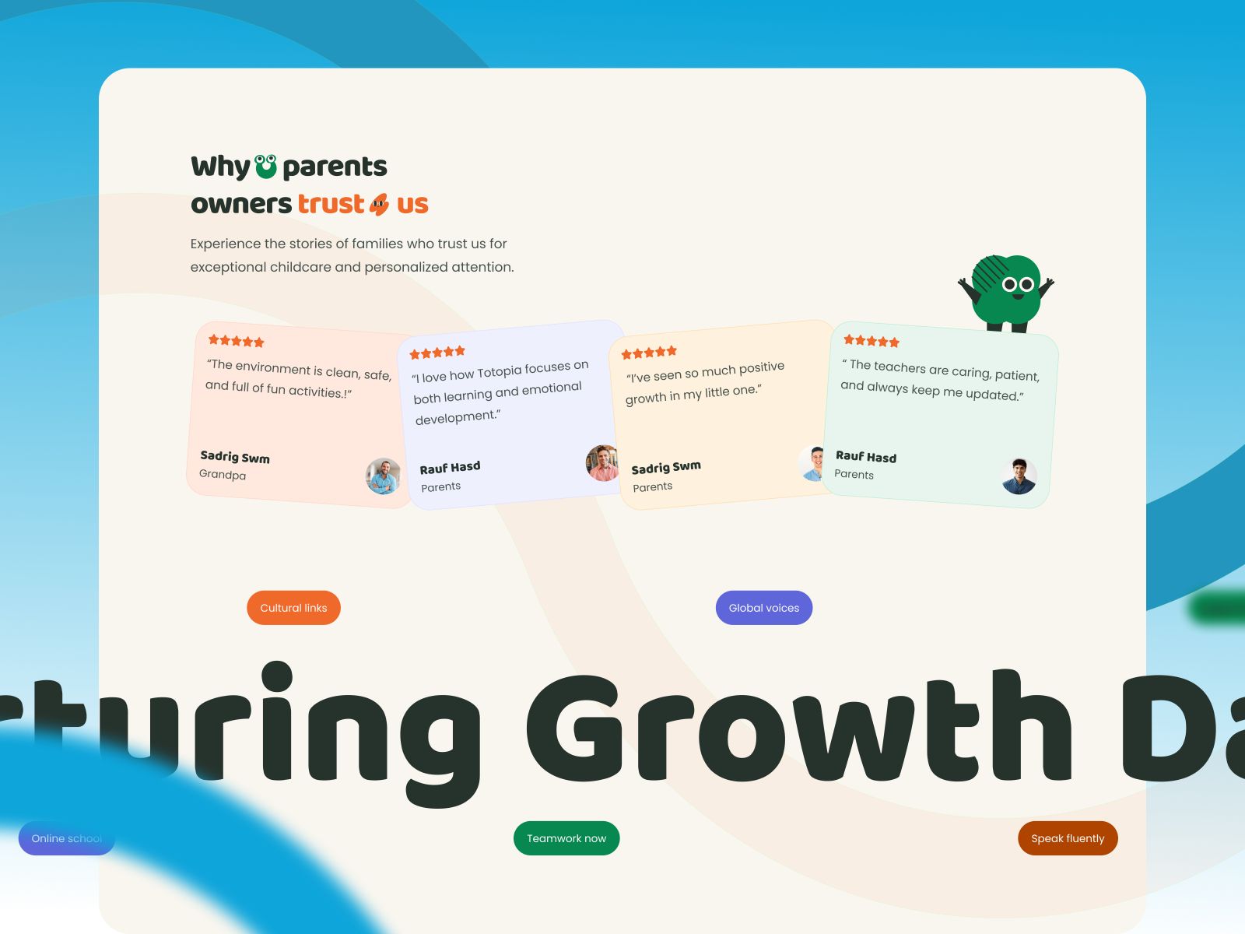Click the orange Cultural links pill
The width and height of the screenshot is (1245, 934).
click(x=293, y=608)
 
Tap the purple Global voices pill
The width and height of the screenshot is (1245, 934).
click(x=763, y=608)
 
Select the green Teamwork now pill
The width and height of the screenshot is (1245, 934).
click(x=566, y=838)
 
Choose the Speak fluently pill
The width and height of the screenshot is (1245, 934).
click(x=1068, y=838)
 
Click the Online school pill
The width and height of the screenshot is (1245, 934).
click(x=66, y=838)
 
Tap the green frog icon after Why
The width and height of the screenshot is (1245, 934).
click(x=265, y=166)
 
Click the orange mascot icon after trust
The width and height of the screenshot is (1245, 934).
click(x=379, y=204)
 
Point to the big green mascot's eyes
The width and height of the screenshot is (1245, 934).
click(x=1017, y=284)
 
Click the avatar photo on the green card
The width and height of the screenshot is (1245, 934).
click(x=1019, y=476)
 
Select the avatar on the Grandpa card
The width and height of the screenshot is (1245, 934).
click(x=383, y=476)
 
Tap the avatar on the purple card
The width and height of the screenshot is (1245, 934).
click(x=601, y=463)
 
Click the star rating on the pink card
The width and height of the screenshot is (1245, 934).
click(x=236, y=341)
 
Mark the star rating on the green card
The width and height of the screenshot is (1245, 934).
click(x=871, y=341)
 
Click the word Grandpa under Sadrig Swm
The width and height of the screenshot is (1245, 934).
click(x=223, y=475)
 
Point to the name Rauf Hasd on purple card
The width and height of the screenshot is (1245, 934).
click(x=450, y=468)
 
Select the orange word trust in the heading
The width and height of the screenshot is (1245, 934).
click(x=331, y=204)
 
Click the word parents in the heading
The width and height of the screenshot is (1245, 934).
click(x=335, y=167)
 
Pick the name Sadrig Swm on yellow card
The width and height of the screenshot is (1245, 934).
click(x=665, y=467)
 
